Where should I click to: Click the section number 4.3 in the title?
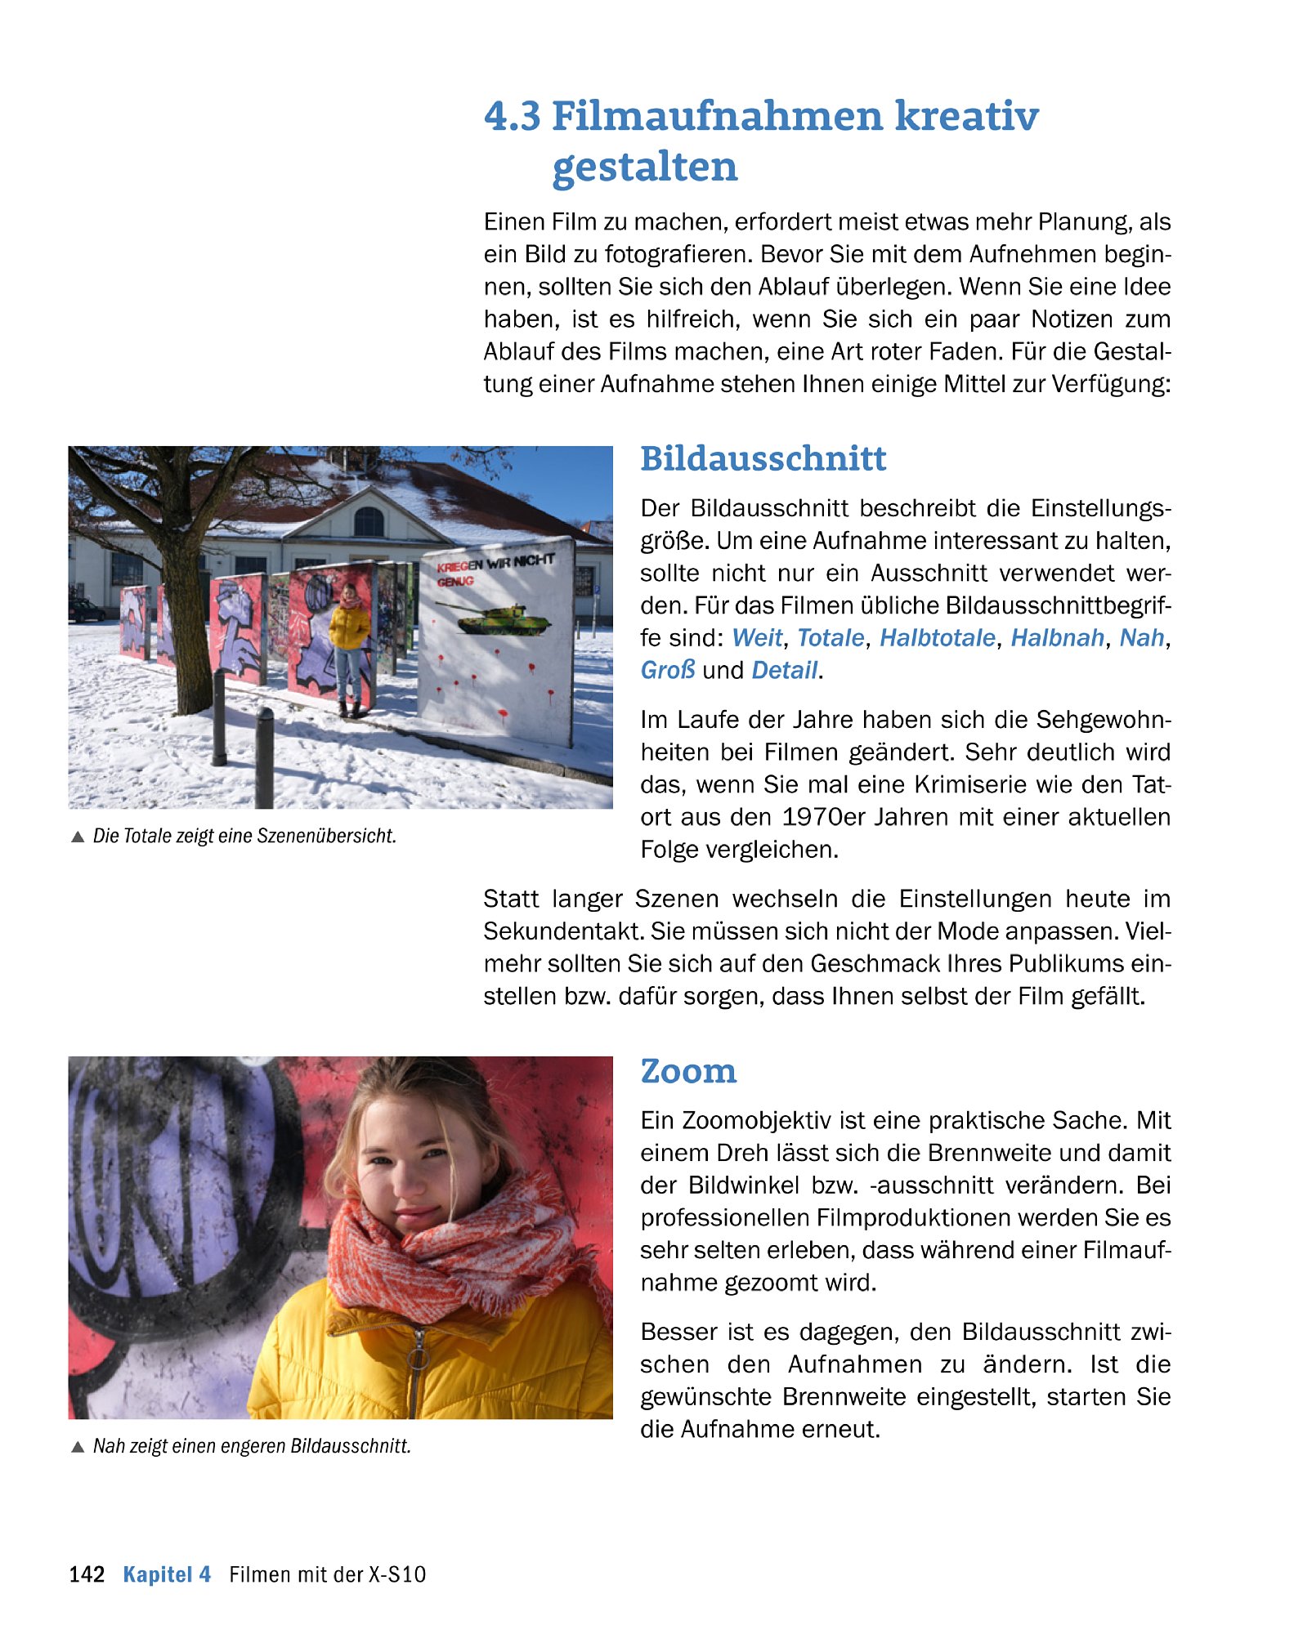[x=512, y=115]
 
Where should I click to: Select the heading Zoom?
[x=687, y=1070]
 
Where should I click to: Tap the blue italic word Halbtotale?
[x=937, y=637]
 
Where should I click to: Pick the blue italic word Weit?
[x=756, y=637]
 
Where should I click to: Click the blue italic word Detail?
[x=784, y=670]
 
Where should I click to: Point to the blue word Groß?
[x=667, y=670]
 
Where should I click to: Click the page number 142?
[x=87, y=1574]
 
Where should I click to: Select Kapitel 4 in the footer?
[x=167, y=1574]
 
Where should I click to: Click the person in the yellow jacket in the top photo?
[x=349, y=645]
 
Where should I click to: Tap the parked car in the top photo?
[x=85, y=609]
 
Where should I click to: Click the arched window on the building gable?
[x=369, y=521]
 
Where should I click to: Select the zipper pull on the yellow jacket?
[x=418, y=1358]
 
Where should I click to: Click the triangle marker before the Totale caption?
[x=78, y=837]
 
